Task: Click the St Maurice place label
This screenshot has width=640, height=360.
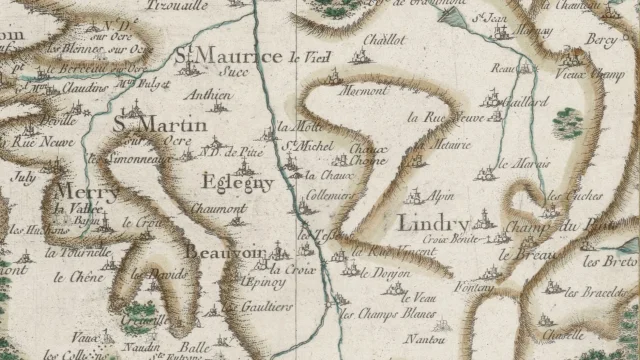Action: pos(228,56)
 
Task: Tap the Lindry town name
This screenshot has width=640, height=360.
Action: pos(433,221)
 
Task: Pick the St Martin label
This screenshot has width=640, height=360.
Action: pos(160,125)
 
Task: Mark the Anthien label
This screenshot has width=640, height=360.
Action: pos(210,97)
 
